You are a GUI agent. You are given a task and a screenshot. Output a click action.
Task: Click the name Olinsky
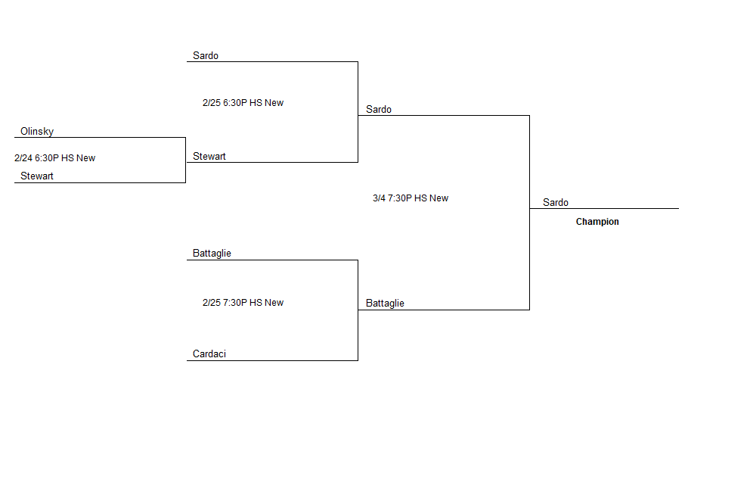pyautogui.click(x=37, y=131)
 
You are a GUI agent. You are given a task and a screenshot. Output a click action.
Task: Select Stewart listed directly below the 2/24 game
pyautogui.click(x=37, y=176)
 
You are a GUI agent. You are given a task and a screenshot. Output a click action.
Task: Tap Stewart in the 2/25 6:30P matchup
pyautogui.click(x=209, y=156)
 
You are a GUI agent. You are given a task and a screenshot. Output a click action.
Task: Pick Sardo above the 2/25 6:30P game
pyautogui.click(x=206, y=55)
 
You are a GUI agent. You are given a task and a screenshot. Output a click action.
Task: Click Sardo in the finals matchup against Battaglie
pyautogui.click(x=379, y=109)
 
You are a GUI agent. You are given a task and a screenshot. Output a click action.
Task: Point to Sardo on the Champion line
pyautogui.click(x=556, y=202)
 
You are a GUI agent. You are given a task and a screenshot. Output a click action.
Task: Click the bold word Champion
pyautogui.click(x=597, y=221)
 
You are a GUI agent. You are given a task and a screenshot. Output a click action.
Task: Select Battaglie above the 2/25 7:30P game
pyautogui.click(x=212, y=253)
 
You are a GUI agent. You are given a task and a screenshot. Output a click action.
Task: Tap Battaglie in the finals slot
pyautogui.click(x=385, y=304)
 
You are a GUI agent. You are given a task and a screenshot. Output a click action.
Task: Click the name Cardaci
pyautogui.click(x=209, y=354)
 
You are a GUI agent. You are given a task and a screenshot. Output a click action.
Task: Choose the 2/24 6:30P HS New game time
pyautogui.click(x=55, y=157)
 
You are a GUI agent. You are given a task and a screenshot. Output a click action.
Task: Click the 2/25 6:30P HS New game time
pyautogui.click(x=243, y=102)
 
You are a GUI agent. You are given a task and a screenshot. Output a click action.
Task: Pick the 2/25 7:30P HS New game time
pyautogui.click(x=243, y=302)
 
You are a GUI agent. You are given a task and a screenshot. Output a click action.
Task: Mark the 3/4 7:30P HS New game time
pyautogui.click(x=411, y=198)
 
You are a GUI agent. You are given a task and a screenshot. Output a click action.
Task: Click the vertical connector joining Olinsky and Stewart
pyautogui.click(x=185, y=160)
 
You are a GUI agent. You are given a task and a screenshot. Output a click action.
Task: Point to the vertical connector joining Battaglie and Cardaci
pyautogui.click(x=358, y=310)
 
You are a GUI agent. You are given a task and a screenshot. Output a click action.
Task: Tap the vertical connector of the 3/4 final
pyautogui.click(x=529, y=213)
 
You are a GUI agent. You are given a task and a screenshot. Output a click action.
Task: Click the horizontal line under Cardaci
pyautogui.click(x=272, y=360)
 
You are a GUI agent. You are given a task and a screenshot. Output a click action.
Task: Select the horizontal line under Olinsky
pyautogui.click(x=100, y=138)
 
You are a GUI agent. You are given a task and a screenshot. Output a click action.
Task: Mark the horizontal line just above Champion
pyautogui.click(x=604, y=208)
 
